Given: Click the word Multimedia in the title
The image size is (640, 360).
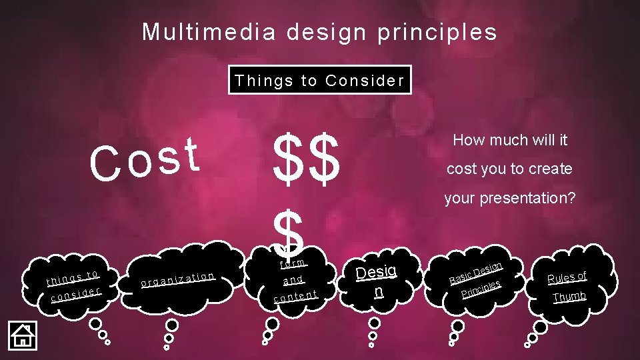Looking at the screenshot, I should pyautogui.click(x=209, y=31).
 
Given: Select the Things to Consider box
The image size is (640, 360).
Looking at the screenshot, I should pyautogui.click(x=319, y=81).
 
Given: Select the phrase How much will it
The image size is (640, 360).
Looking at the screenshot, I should pyautogui.click(x=510, y=140).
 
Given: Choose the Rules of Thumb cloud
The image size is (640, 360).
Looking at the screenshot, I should pyautogui.click(x=567, y=285).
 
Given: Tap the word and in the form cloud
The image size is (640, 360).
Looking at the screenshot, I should pyautogui.click(x=293, y=280).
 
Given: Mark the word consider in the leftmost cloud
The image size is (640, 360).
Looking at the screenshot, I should pyautogui.click(x=75, y=293).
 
